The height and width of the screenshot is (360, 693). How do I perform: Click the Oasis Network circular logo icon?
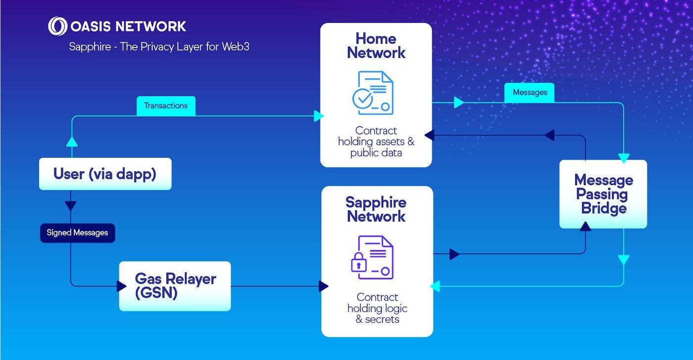57,26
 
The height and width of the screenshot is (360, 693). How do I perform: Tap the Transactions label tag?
166,106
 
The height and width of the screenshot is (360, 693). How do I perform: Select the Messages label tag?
530,93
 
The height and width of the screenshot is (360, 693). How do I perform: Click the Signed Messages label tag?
77,233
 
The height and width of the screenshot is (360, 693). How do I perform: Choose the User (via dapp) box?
105,174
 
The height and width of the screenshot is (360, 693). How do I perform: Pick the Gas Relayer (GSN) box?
175,286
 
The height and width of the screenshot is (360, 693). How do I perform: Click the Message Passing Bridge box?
603,194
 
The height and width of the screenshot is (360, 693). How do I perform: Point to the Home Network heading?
376,46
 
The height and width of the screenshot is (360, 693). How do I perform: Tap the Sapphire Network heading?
376,209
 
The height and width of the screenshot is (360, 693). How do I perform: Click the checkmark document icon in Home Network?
373,93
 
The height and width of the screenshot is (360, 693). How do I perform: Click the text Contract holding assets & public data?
376,142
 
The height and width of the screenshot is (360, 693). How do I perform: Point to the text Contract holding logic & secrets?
377,308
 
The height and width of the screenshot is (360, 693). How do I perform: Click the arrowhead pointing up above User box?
72,141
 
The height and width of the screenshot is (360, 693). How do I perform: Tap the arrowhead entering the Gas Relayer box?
121,286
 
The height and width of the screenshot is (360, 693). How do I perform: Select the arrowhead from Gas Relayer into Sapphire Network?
324,286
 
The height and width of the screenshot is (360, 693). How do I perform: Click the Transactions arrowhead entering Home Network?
319,116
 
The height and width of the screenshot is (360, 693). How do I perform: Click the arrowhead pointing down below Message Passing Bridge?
623,260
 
